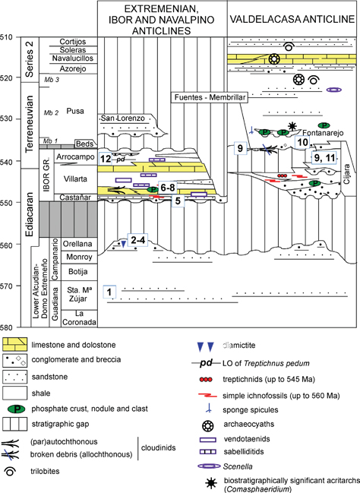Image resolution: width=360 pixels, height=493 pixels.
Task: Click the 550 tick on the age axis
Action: pos(19,202)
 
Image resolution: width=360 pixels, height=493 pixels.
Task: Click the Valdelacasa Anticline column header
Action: pos(292,19)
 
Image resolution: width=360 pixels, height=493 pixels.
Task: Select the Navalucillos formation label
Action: pos(73,58)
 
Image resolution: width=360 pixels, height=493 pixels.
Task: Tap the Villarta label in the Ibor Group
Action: pos(75,179)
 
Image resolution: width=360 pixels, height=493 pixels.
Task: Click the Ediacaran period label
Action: pos(29,214)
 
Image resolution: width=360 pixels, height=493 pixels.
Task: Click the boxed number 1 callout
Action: pos(109,292)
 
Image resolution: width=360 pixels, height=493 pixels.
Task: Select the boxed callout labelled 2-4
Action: pos(137,240)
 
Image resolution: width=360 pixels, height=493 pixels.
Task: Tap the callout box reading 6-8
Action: pos(168,188)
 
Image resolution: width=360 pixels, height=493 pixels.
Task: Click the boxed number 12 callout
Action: pos(106,159)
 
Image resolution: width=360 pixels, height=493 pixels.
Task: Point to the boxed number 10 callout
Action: pos(302,142)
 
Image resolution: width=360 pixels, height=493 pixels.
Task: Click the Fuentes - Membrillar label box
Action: pos(210,97)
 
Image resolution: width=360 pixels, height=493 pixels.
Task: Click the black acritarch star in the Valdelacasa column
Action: pos(292,126)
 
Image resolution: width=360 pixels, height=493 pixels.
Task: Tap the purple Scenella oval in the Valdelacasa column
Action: pos(334,90)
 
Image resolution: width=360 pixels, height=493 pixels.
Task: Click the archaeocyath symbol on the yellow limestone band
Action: pos(274,58)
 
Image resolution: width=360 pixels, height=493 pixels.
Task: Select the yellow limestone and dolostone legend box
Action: pos(14,345)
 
